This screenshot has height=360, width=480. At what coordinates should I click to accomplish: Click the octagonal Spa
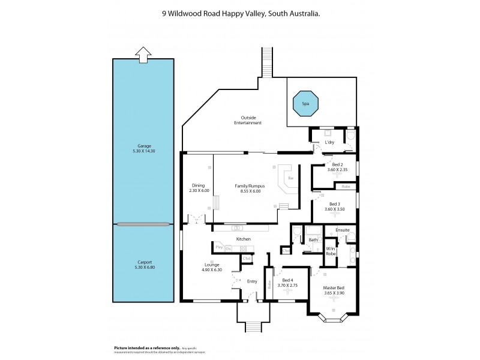click(x=305, y=104)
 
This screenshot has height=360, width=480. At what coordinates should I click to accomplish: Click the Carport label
click(x=143, y=262)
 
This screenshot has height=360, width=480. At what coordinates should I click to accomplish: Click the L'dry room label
click(x=329, y=142)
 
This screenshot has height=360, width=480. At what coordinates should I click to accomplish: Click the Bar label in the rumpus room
click(x=290, y=178)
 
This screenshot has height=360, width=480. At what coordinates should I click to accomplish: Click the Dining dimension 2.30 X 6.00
click(x=199, y=191)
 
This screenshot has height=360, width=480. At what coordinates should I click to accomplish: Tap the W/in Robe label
click(x=331, y=251)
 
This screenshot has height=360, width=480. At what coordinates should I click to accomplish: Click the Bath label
click(x=313, y=240)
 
